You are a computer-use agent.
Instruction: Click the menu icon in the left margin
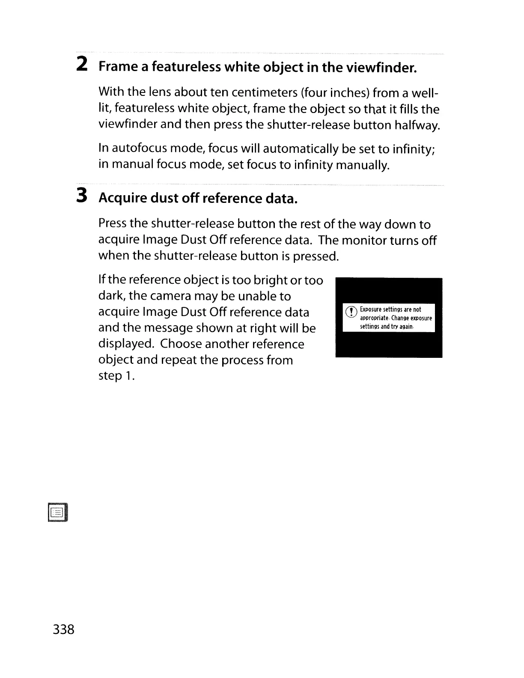59,512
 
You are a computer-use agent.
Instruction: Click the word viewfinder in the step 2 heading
381,68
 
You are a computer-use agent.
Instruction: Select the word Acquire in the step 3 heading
122,199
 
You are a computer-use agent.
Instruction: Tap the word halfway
417,125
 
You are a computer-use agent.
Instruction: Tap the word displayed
125,344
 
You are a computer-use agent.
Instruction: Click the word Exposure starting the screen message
372,309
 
